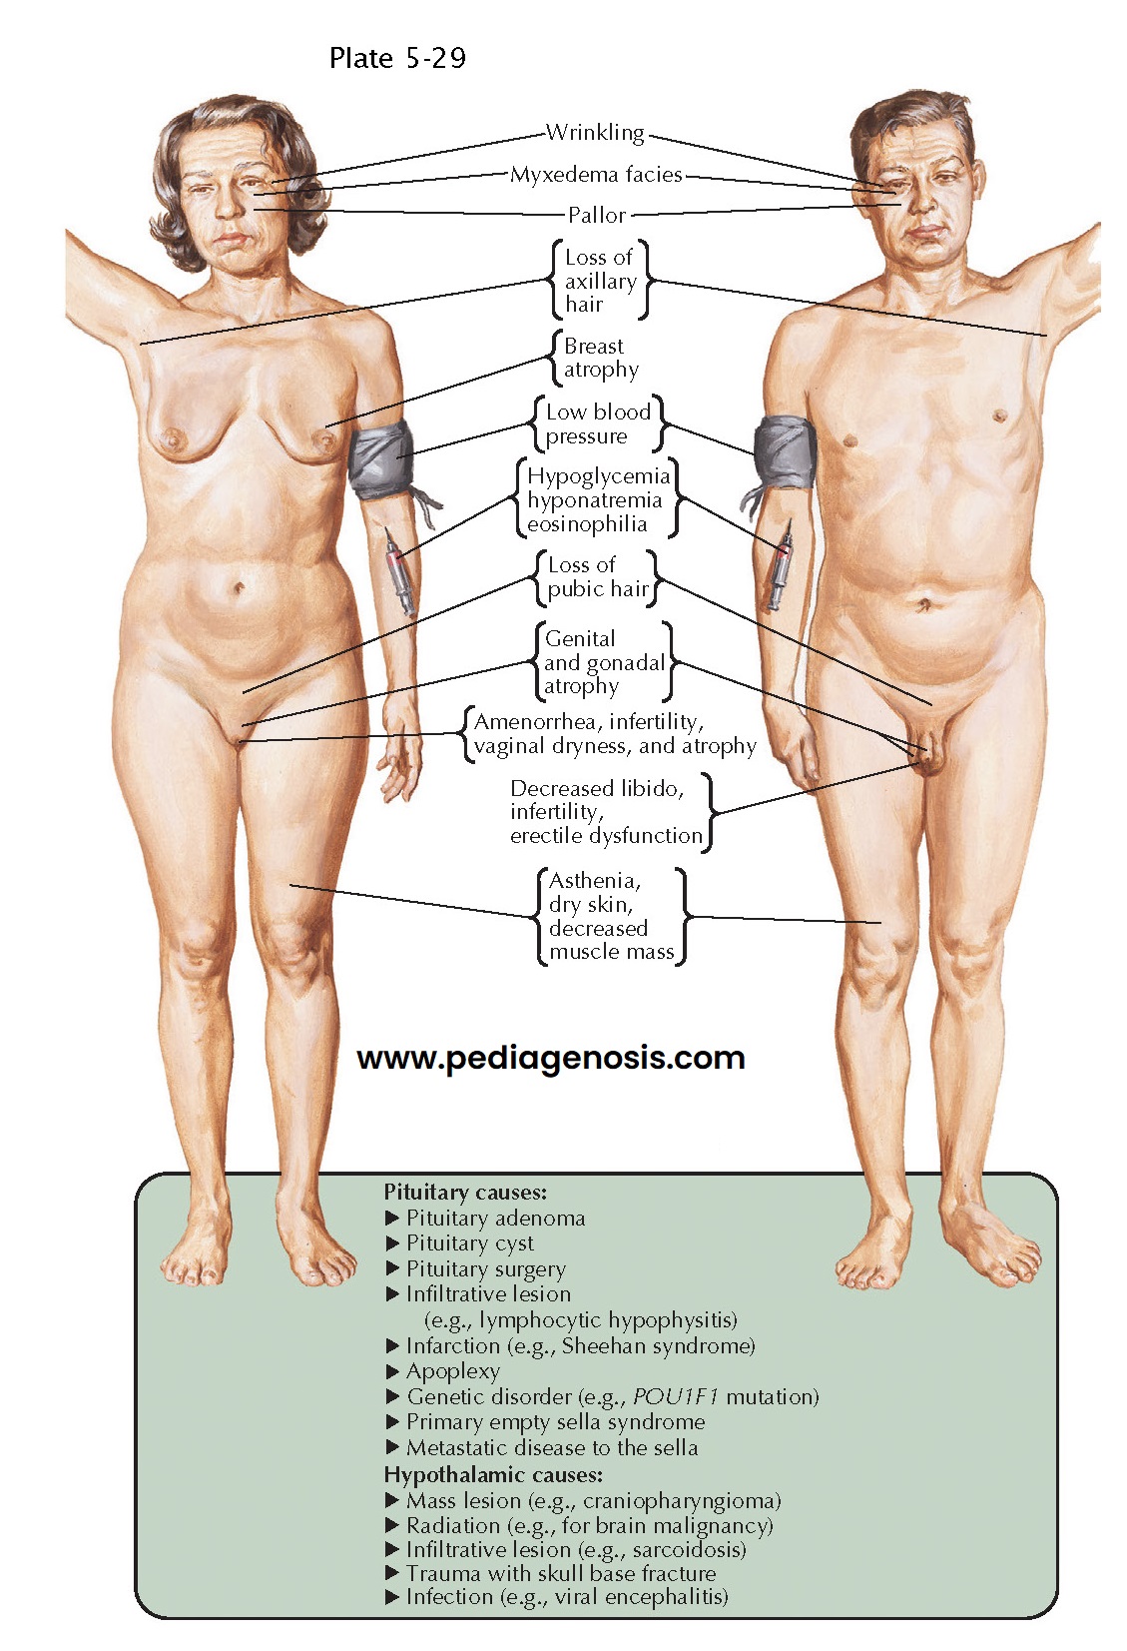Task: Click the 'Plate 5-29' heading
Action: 397,59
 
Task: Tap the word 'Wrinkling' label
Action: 595,133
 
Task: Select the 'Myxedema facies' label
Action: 596,175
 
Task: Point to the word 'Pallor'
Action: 597,215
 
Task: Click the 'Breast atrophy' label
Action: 600,358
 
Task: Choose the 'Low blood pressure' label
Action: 598,423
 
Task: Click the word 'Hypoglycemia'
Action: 598,476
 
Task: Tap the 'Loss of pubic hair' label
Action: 597,577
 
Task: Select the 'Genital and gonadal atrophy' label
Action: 603,662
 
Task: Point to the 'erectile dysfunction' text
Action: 606,836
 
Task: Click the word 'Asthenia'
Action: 595,881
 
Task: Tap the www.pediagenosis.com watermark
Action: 551,1058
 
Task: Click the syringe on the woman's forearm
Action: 397,570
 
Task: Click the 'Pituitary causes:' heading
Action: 465,1192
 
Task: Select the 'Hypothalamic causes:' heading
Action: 493,1474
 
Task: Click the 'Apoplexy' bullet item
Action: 452,1371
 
